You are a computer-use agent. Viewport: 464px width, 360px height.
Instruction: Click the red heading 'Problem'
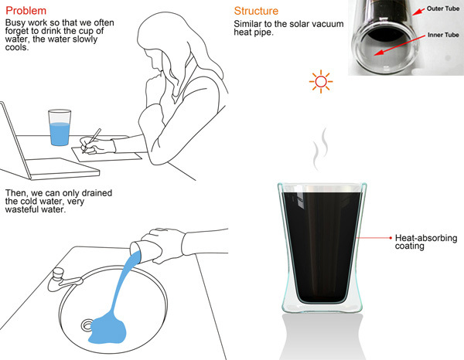26,11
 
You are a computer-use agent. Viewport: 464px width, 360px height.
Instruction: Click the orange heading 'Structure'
256,11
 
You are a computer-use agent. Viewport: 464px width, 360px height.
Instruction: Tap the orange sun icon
321,82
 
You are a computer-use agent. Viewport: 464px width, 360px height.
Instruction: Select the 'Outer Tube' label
442,8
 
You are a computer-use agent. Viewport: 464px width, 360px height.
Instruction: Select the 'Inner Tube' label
443,35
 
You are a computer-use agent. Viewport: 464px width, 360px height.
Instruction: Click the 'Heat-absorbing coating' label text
426,242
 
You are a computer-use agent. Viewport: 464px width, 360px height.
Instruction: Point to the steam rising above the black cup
321,149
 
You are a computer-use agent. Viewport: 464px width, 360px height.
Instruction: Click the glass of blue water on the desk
60,127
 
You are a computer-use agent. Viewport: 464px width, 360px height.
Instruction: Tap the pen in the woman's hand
92,141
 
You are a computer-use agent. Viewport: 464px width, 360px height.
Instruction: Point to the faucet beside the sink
63,280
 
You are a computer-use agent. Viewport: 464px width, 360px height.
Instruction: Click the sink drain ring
87,325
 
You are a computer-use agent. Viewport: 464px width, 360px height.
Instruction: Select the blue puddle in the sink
108,330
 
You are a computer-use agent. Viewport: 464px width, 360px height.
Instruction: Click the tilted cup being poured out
146,252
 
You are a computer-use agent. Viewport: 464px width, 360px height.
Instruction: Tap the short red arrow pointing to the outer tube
418,12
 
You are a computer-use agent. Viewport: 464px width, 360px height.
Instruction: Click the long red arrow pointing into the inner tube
400,45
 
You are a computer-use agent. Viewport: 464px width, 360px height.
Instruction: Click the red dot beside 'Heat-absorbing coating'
391,238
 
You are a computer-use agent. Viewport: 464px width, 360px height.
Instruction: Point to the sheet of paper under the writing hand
107,154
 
